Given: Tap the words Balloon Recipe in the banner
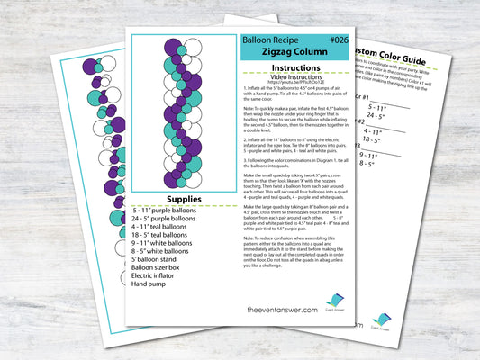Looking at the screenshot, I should pyautogui.click(x=269, y=40).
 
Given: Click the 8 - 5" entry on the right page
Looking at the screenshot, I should pyautogui.click(x=372, y=164).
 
